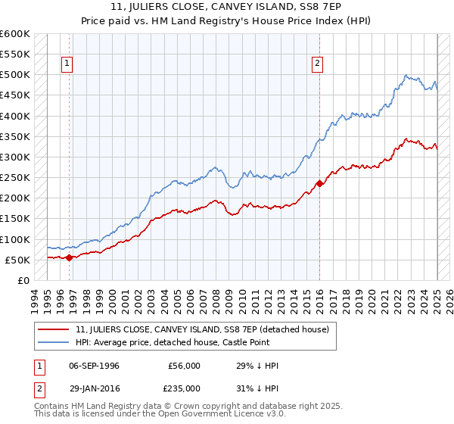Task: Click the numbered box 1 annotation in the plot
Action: [68, 64]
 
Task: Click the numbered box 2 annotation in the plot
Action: [317, 64]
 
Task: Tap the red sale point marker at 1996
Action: [69, 257]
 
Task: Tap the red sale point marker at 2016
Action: [319, 183]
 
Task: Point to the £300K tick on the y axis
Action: [15, 157]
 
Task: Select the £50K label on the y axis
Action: [18, 260]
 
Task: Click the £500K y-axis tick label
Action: [15, 75]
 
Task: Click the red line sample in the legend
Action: [54, 329]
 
